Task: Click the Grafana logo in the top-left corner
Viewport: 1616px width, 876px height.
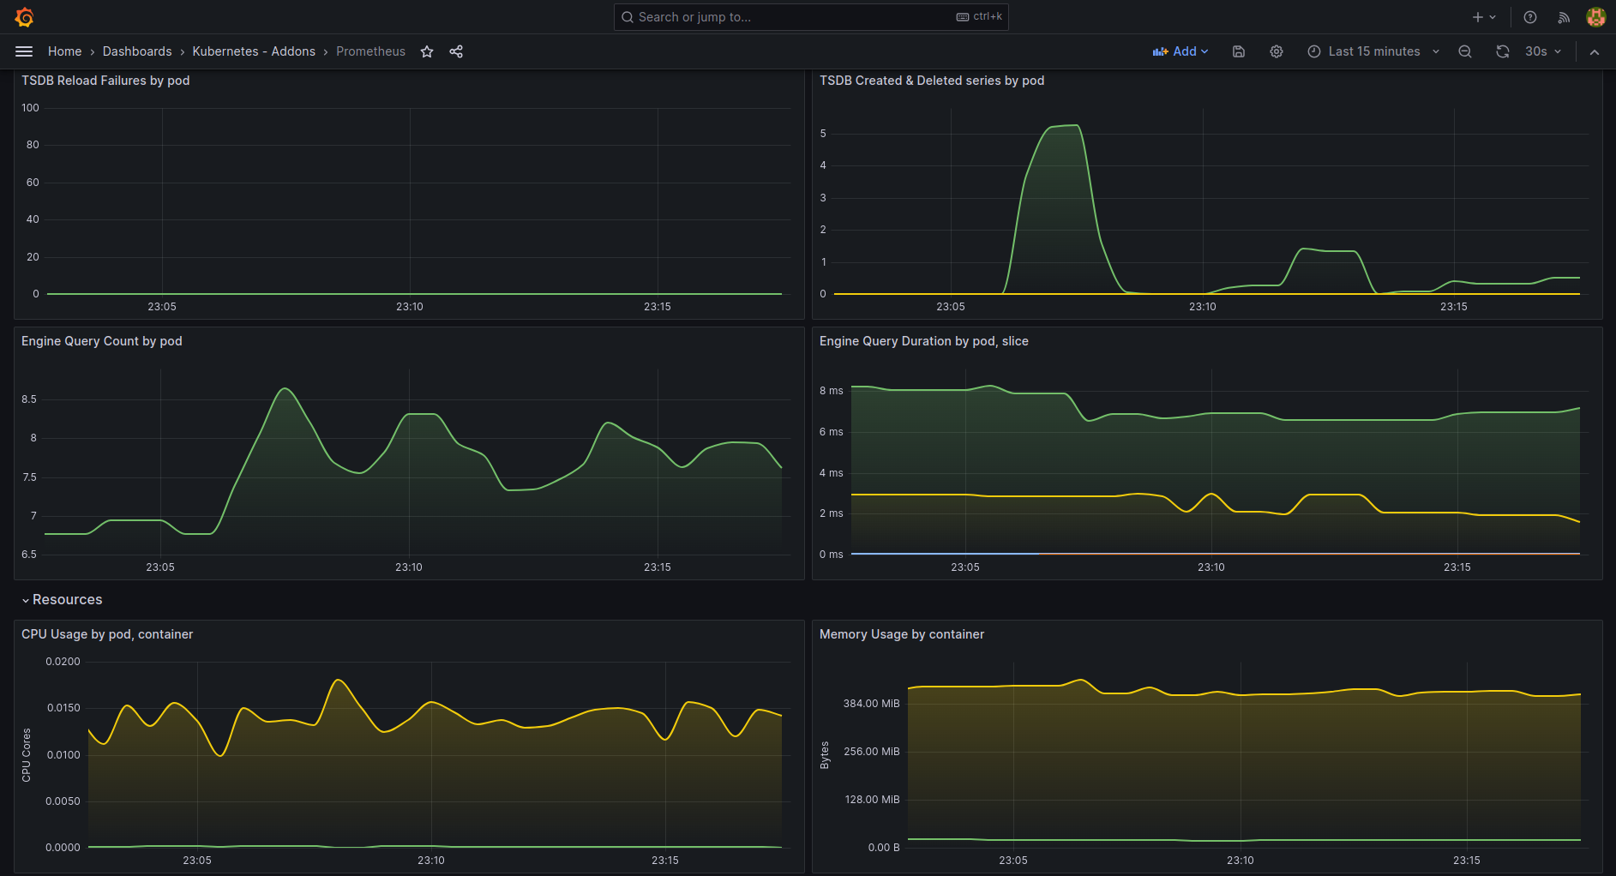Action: (x=24, y=17)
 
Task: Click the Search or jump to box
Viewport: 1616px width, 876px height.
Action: (x=811, y=17)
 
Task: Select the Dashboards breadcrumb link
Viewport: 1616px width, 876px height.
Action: (x=137, y=51)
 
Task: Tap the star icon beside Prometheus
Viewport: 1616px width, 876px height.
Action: (x=427, y=51)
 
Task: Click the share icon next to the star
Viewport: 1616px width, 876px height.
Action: (x=456, y=51)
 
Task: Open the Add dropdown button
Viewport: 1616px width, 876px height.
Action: (x=1180, y=51)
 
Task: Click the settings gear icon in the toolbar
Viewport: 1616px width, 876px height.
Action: (x=1277, y=51)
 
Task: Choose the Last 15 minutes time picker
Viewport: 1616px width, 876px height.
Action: (x=1373, y=51)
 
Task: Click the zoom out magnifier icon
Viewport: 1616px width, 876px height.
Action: (x=1465, y=51)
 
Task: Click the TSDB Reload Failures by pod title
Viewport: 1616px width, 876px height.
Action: (x=105, y=81)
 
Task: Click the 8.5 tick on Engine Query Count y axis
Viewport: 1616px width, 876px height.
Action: (x=29, y=399)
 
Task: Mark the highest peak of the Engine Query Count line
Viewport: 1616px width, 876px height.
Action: (x=285, y=388)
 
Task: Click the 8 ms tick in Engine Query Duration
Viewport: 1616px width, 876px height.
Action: (x=831, y=391)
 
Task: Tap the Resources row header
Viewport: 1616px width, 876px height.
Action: (x=67, y=600)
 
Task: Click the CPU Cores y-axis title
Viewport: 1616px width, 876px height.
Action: (x=27, y=755)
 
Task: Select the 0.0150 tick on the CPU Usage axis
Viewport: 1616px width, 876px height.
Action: (x=63, y=708)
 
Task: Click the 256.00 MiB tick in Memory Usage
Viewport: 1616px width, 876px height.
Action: (x=872, y=752)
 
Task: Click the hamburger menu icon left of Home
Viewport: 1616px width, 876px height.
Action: (x=24, y=51)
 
